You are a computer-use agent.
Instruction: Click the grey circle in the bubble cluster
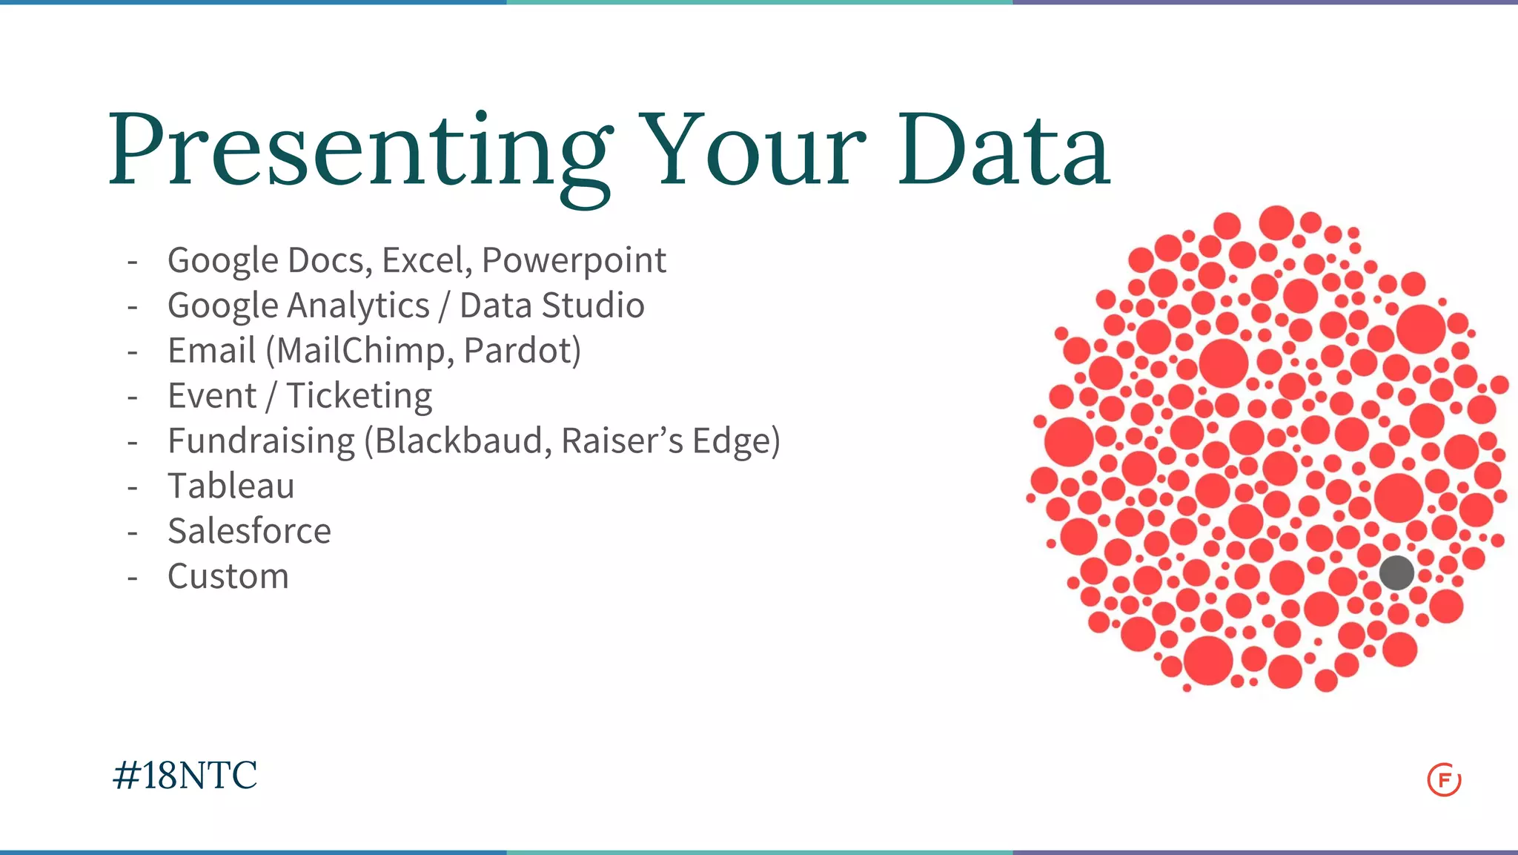[1396, 573]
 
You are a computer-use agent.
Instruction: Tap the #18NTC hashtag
[185, 776]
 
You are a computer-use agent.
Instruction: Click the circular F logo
[1444, 779]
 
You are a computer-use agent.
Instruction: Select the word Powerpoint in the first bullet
[574, 261]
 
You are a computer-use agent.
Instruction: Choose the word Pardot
[519, 351]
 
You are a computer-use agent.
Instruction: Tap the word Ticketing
[359, 396]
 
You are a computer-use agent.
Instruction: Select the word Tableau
[231, 486]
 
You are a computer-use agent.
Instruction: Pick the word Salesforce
[249, 531]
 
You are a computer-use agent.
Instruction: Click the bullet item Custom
[228, 577]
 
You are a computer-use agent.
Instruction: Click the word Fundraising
[261, 441]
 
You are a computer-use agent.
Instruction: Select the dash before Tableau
[133, 487]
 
